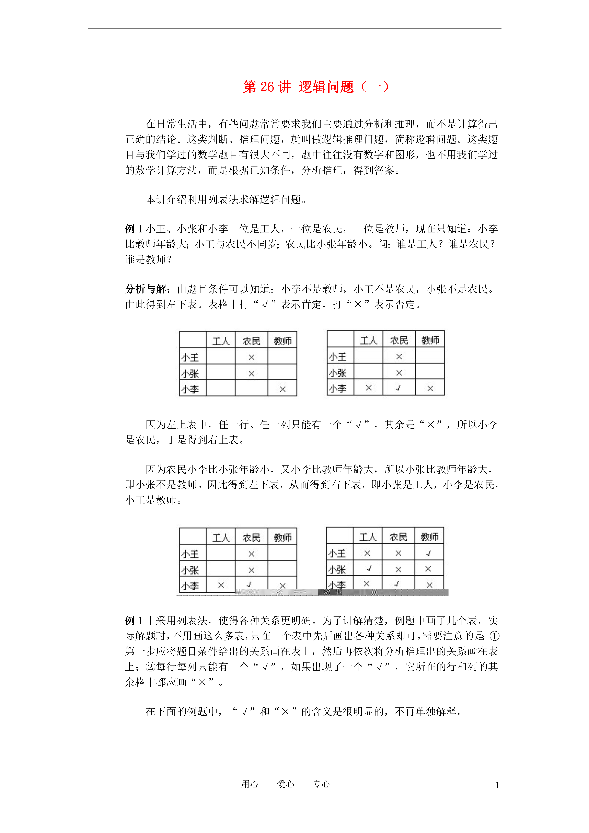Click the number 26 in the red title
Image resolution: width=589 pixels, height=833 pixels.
click(x=267, y=87)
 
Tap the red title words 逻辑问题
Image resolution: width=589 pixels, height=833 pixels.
click(x=326, y=87)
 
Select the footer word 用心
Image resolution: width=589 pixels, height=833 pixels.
click(x=250, y=784)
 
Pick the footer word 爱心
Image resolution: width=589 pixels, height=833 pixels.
click(x=285, y=784)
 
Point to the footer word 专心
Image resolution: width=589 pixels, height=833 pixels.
click(x=321, y=784)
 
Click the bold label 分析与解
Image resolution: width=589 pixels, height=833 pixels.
click(x=146, y=289)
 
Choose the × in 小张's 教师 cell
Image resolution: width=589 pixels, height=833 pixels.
click(x=428, y=569)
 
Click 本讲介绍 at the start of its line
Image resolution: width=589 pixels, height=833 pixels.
click(x=166, y=199)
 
